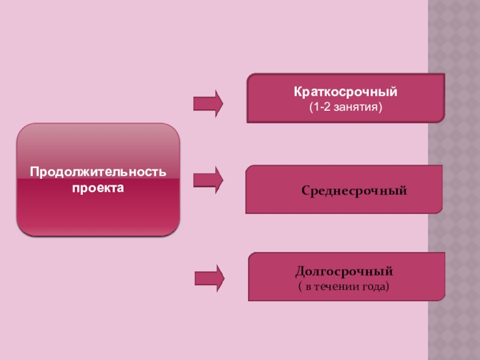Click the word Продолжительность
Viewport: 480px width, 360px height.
coord(98,173)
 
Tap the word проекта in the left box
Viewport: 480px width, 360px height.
coord(98,188)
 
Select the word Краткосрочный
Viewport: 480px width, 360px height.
coord(346,93)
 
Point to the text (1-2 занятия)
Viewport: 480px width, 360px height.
coord(346,107)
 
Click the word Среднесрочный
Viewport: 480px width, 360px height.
coord(354,191)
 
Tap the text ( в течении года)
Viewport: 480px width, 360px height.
coord(344,286)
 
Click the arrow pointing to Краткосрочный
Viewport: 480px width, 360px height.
coord(208,103)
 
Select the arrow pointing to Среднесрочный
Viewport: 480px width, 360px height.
coord(208,179)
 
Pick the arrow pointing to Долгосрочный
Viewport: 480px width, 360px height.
coord(209,278)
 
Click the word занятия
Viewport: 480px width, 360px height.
coord(361,107)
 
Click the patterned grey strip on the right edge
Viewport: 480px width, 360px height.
coord(454,180)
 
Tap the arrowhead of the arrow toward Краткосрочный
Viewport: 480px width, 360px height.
coord(218,103)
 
